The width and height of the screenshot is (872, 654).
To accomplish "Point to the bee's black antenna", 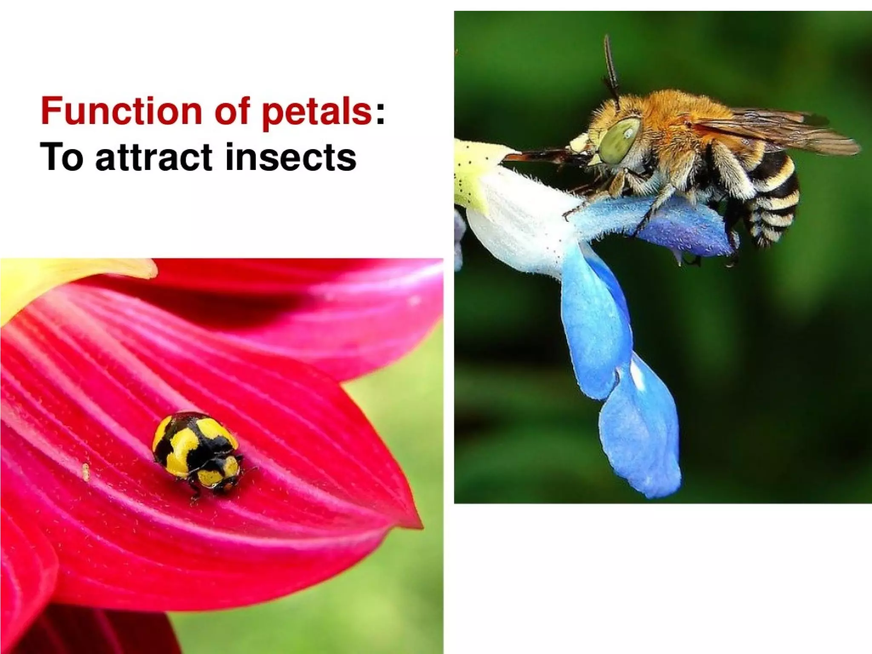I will [x=611, y=64].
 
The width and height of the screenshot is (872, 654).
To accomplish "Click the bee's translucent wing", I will [x=775, y=128].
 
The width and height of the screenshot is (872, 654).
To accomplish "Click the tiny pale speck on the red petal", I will [x=86, y=471].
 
